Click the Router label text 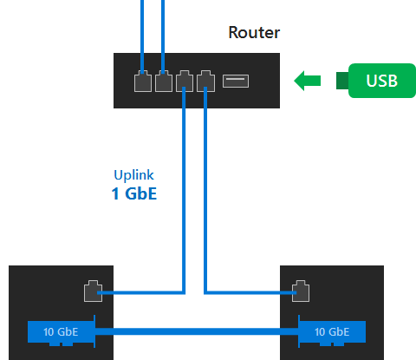click(254, 32)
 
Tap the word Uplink click(133, 175)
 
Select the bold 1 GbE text click(134, 193)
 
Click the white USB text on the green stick click(381, 81)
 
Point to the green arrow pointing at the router click(307, 81)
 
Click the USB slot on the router click(236, 81)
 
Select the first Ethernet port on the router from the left click(143, 81)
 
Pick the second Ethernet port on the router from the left click(164, 81)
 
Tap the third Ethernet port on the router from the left click(185, 81)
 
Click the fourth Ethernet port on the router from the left click(205, 81)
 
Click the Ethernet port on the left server click(93, 291)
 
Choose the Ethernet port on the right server click(301, 291)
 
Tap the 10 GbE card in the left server click(62, 331)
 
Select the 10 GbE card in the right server click(332, 331)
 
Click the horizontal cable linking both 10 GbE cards click(197, 331)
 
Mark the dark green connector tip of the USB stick click(342, 81)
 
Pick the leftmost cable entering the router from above click(142, 37)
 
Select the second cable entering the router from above click(163, 37)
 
